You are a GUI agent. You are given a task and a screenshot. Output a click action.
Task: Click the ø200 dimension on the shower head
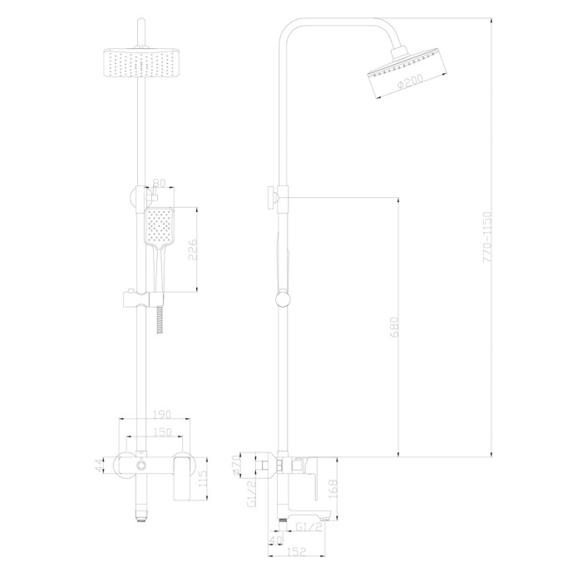click(x=410, y=81)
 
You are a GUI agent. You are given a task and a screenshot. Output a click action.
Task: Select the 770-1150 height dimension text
click(x=487, y=238)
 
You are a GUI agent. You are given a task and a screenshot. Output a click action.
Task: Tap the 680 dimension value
click(x=394, y=327)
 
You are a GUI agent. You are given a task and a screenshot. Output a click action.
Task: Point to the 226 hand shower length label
click(x=192, y=249)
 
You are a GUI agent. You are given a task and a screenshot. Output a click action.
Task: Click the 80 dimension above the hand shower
click(x=159, y=184)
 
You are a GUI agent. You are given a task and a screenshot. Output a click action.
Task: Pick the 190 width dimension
click(x=162, y=414)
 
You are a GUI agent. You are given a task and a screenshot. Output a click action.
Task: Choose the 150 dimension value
click(x=162, y=432)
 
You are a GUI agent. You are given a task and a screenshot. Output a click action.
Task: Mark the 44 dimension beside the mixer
click(x=98, y=466)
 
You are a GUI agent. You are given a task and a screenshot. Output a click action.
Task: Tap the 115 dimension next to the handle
click(x=203, y=480)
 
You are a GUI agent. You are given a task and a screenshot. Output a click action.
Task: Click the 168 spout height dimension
click(x=333, y=489)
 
